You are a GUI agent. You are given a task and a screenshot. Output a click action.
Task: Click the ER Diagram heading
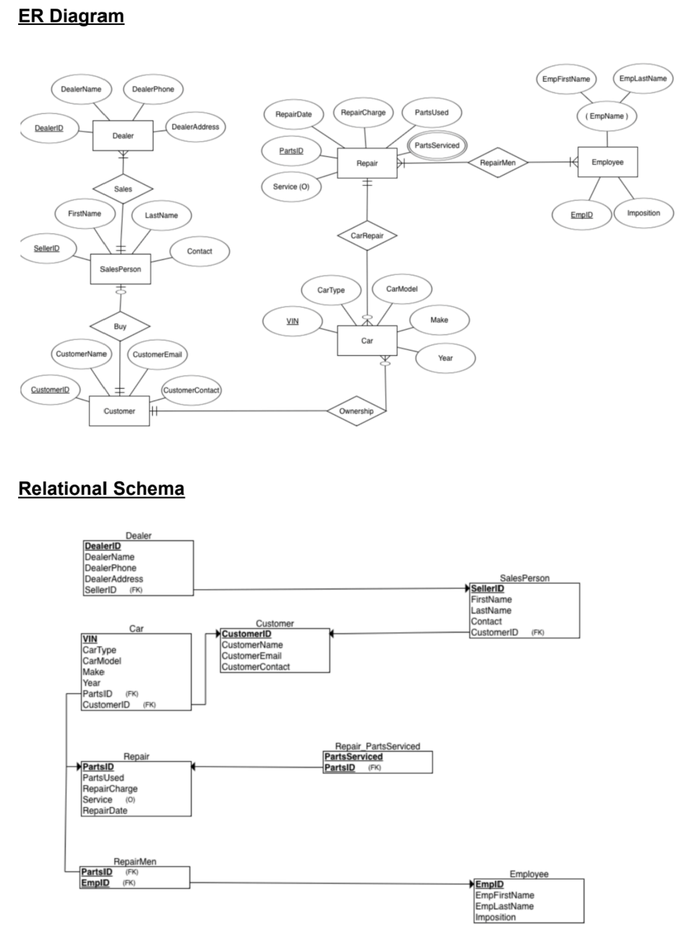[71, 16]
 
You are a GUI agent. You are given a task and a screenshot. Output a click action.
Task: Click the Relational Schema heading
[101, 489]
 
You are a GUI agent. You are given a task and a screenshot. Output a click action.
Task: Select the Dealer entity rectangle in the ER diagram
[123, 136]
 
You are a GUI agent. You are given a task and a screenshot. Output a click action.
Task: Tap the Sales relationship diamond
[123, 189]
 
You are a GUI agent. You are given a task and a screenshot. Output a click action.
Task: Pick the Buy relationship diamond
[120, 327]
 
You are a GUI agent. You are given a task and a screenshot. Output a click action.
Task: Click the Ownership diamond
[356, 411]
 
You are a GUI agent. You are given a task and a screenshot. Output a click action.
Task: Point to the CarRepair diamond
[367, 236]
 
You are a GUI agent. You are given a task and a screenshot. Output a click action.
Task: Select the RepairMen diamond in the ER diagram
[498, 163]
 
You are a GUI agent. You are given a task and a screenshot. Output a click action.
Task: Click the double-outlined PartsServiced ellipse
[437, 145]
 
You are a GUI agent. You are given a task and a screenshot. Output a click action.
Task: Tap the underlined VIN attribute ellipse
[292, 321]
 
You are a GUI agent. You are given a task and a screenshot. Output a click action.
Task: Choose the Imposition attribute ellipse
[643, 213]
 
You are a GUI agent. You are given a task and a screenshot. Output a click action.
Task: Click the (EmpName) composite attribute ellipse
[607, 116]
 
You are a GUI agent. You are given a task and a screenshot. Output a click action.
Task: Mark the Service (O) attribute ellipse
[291, 187]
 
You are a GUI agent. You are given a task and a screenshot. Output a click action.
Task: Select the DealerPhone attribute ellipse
[153, 89]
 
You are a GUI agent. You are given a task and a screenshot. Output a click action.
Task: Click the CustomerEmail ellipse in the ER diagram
[157, 355]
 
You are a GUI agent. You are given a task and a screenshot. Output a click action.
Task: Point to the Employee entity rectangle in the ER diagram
[608, 162]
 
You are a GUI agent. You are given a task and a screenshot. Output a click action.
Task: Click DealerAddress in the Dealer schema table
[114, 579]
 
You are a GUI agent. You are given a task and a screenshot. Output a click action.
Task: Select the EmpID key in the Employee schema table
[490, 884]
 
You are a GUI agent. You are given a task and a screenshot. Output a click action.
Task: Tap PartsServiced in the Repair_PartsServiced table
[353, 756]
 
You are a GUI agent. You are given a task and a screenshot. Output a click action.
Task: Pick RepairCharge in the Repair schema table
[110, 788]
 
